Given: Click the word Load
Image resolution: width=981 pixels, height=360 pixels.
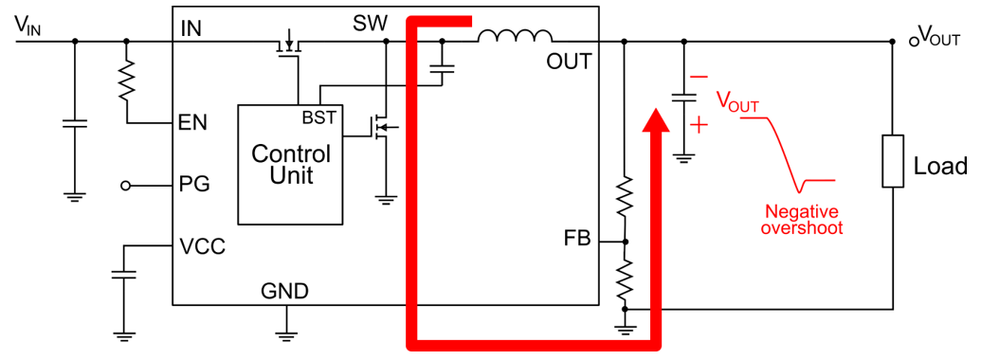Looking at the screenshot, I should (940, 167).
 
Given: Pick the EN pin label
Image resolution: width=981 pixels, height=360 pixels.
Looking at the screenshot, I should (193, 122).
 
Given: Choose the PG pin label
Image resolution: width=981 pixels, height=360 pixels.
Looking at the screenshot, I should (194, 185).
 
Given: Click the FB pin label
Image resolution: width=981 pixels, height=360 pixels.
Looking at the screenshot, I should (574, 240).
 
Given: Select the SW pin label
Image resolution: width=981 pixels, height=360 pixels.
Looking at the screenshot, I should (370, 24).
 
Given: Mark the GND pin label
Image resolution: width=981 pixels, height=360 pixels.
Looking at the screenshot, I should (284, 292).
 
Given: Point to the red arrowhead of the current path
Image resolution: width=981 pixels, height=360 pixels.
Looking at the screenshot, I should (652, 122).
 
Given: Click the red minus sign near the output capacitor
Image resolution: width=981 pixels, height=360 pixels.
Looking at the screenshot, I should (699, 78).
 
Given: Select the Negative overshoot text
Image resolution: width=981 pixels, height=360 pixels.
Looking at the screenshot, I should (803, 220).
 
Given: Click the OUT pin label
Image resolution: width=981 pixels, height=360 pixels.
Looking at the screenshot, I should (569, 63).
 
